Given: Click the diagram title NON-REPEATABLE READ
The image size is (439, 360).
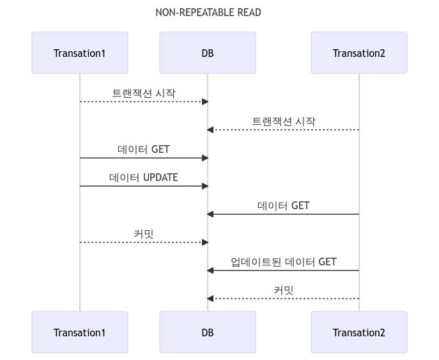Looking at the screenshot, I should click(208, 13).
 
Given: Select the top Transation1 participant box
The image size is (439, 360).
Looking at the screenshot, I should click(80, 53).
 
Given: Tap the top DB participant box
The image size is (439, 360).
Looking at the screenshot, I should click(208, 53).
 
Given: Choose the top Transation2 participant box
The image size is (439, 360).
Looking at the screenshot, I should click(358, 53).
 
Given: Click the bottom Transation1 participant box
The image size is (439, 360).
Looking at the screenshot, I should click(80, 333).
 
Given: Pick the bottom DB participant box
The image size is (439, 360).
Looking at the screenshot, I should click(208, 333).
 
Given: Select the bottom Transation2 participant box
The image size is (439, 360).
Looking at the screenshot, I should click(358, 333).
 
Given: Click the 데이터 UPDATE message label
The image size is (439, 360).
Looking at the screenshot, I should click(144, 177).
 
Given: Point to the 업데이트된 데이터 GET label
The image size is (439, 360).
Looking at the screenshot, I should click(283, 262).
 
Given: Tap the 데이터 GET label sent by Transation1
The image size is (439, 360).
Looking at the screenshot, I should click(144, 149).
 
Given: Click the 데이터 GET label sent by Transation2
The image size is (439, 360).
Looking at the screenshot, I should click(283, 205).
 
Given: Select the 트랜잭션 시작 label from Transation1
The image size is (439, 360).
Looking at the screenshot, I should click(144, 93).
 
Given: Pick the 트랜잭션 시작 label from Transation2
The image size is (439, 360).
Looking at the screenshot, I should click(283, 121).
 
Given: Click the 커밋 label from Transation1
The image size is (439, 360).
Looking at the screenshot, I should click(144, 234).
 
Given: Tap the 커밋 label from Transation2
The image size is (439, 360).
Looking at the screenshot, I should click(283, 290).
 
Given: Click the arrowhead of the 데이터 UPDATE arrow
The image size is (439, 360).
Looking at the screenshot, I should click(204, 186).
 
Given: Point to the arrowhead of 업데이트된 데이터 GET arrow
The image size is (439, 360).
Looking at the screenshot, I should click(211, 270).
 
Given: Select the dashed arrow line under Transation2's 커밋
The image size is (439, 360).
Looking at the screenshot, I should click(283, 299).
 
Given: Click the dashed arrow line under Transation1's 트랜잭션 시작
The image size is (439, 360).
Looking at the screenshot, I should click(144, 102).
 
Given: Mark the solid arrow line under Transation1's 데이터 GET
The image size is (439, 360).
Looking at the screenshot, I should click(144, 158).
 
